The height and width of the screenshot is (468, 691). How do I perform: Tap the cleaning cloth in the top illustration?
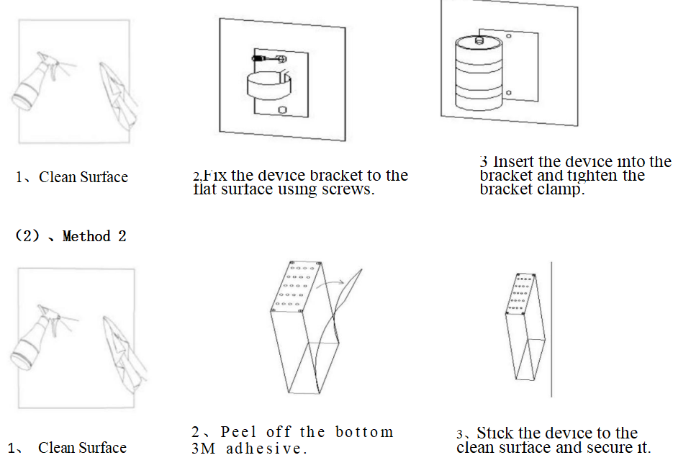[x=117, y=94]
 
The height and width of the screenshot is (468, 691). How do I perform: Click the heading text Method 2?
[x=94, y=236]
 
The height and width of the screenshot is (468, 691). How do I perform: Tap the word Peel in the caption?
[x=238, y=432]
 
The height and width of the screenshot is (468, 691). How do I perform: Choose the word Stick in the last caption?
[x=494, y=433]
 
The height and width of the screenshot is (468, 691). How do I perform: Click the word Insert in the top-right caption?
[x=514, y=162]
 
